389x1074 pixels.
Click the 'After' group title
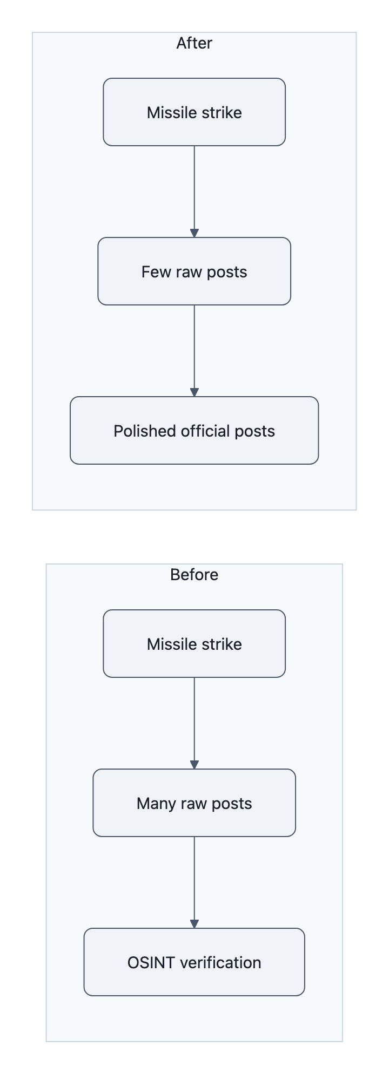[x=194, y=43]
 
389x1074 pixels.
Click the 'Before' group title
[x=194, y=575]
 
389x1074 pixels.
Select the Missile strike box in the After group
[x=194, y=112]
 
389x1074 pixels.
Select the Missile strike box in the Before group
[x=194, y=644]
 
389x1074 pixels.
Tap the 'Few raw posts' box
[x=194, y=271]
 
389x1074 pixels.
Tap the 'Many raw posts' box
[x=194, y=803]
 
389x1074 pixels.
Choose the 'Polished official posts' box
[x=194, y=431]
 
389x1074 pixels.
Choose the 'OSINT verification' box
[x=194, y=962]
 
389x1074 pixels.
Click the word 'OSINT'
[x=151, y=963]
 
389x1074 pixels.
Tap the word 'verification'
[x=220, y=963]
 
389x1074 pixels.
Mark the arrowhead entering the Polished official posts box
[x=194, y=392]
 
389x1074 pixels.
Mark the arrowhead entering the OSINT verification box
[x=194, y=924]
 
